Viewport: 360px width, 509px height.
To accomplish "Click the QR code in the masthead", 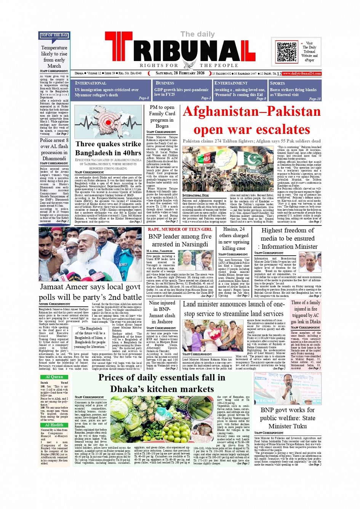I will point(287,52).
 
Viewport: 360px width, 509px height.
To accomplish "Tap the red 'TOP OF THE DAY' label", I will point(54,35).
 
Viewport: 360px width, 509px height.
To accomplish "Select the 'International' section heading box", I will point(112,90).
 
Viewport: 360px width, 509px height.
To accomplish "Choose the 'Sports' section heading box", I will point(295,90).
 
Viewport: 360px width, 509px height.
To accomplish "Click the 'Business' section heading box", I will point(182,90).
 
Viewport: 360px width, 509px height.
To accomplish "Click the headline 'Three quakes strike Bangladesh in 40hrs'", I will point(108,148).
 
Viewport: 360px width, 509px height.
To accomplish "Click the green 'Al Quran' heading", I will point(54,377).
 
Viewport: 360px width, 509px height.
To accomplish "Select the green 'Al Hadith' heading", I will point(54,425).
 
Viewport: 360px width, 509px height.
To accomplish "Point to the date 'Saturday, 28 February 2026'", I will point(180,73).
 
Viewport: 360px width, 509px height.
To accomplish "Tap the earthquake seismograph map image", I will point(108,122).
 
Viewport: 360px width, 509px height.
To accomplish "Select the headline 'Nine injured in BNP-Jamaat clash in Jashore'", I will point(162,312).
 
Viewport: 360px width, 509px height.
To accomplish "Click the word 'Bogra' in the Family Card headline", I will point(162,126).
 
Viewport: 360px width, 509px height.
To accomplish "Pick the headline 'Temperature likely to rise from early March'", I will point(54,56).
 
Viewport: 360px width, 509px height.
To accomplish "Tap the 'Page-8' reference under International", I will point(144,98).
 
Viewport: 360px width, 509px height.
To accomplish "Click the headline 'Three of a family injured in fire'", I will point(306,312).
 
